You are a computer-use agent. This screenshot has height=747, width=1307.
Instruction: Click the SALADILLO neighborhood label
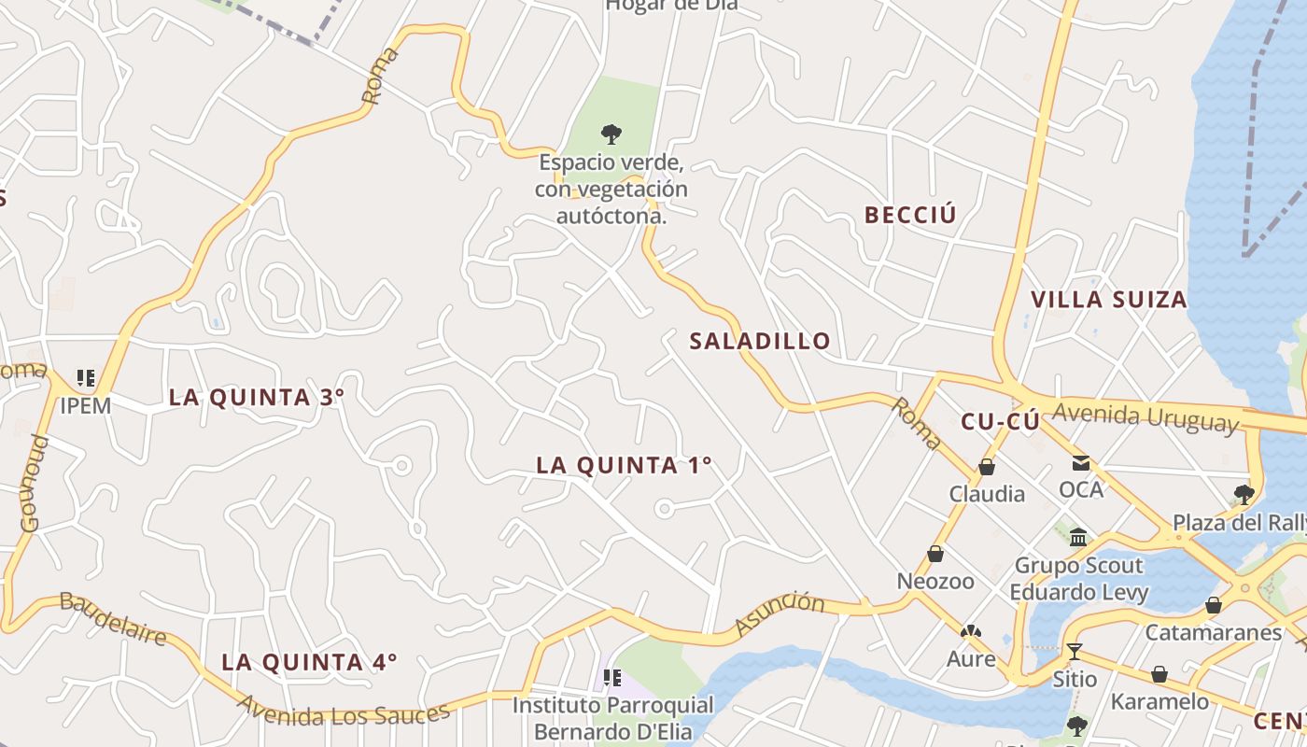760,341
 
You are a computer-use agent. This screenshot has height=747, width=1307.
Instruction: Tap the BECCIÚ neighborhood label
910,215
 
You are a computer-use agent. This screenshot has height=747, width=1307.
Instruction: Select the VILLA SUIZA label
1108,300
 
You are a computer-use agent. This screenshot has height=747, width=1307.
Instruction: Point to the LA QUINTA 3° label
257,397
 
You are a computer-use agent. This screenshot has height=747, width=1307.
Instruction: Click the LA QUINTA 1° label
624,465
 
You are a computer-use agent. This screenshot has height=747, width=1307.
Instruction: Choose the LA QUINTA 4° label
309,662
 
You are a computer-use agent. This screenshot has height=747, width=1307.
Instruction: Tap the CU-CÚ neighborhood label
1000,422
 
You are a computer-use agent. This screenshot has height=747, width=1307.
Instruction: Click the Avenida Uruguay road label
1145,416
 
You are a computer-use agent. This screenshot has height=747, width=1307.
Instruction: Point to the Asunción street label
780,613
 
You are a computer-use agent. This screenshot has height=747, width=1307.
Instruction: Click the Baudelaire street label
113,617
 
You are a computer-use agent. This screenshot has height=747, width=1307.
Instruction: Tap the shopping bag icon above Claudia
987,467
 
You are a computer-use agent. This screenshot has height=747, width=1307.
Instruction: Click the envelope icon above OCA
1081,463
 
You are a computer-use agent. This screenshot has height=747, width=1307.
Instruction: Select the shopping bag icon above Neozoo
935,555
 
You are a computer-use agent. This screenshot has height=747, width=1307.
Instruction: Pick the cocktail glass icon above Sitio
1075,651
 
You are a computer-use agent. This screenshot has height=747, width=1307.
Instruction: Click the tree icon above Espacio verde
611,134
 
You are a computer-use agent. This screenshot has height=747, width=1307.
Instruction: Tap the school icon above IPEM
86,378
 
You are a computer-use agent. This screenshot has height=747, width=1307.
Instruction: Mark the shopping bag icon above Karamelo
1159,674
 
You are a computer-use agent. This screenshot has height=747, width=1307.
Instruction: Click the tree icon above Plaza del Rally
1244,494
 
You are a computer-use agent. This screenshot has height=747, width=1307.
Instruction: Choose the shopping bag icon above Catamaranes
1214,605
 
